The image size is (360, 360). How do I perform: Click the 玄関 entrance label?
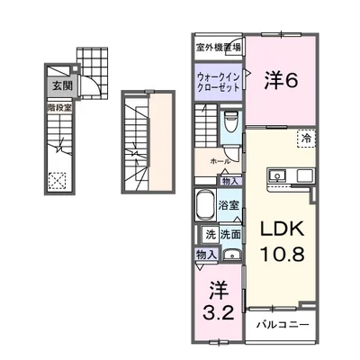61,87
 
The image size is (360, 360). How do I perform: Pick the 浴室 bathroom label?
229,205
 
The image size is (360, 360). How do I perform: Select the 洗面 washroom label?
230,235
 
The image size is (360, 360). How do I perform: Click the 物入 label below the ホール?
230,182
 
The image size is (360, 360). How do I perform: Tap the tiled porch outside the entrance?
91,62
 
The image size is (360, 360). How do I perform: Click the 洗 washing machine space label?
210,235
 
